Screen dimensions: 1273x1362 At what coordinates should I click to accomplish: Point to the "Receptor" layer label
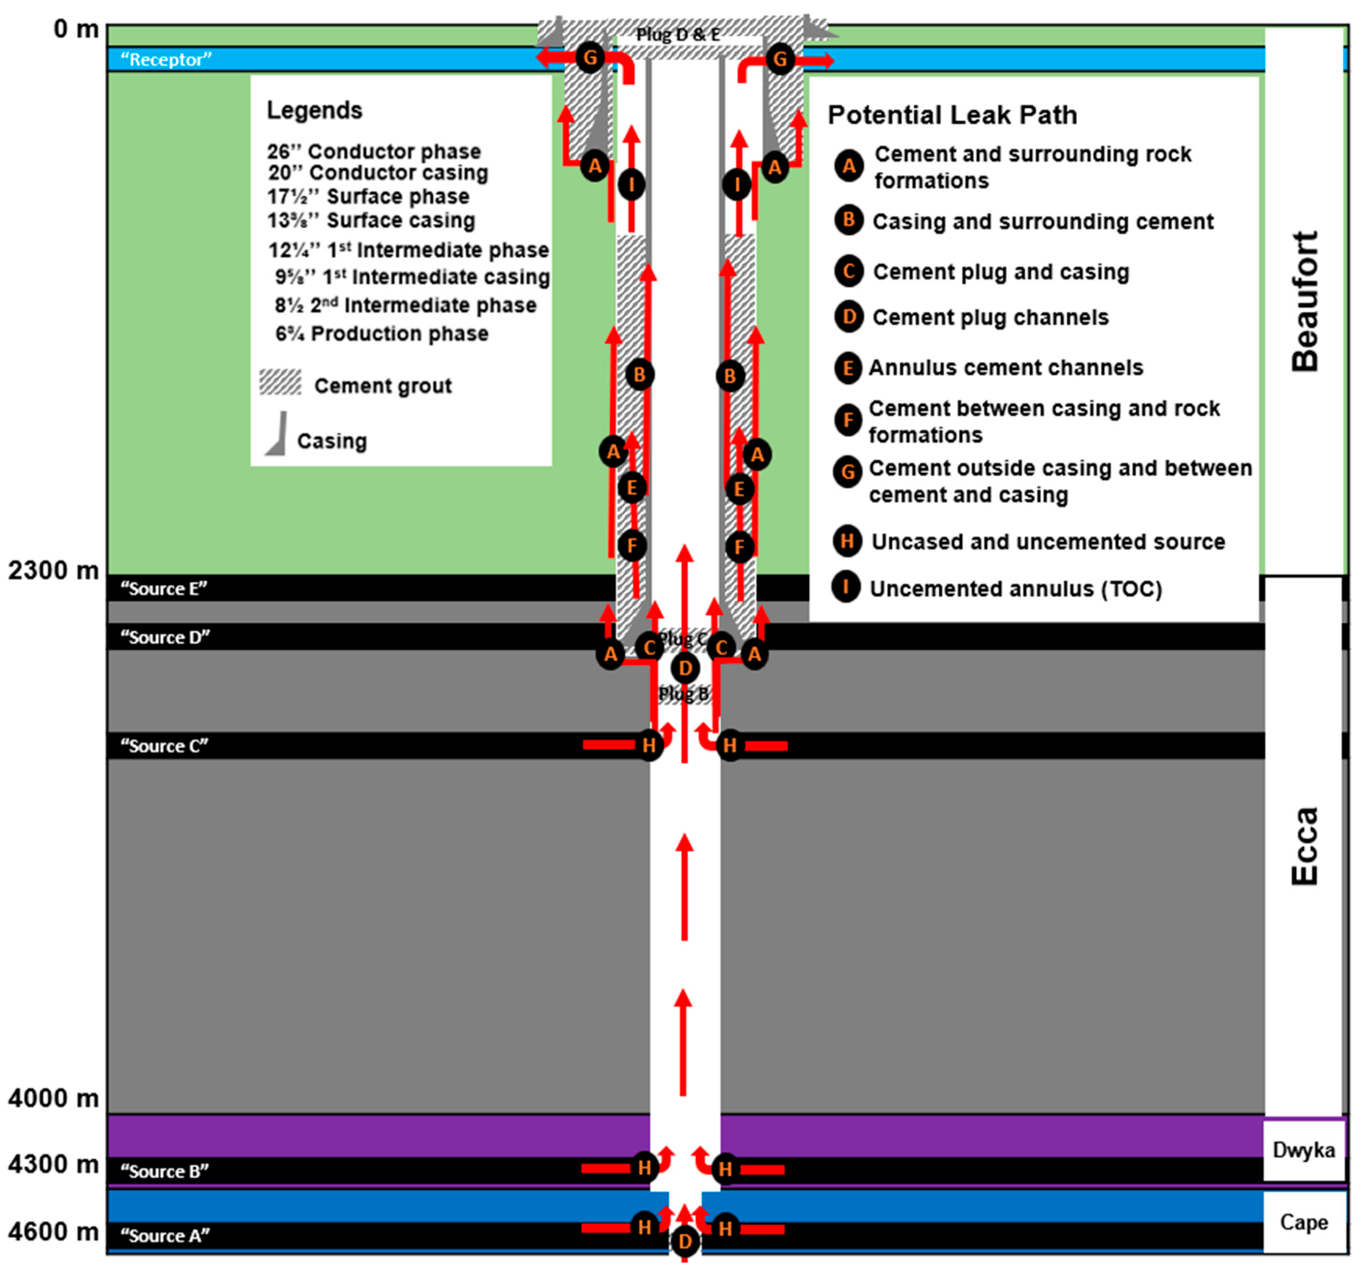tap(166, 60)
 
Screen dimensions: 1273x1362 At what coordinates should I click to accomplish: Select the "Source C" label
tap(165, 745)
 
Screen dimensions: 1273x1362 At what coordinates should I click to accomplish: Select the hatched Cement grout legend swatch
tap(280, 382)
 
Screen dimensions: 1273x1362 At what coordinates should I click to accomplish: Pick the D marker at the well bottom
tap(685, 1241)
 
